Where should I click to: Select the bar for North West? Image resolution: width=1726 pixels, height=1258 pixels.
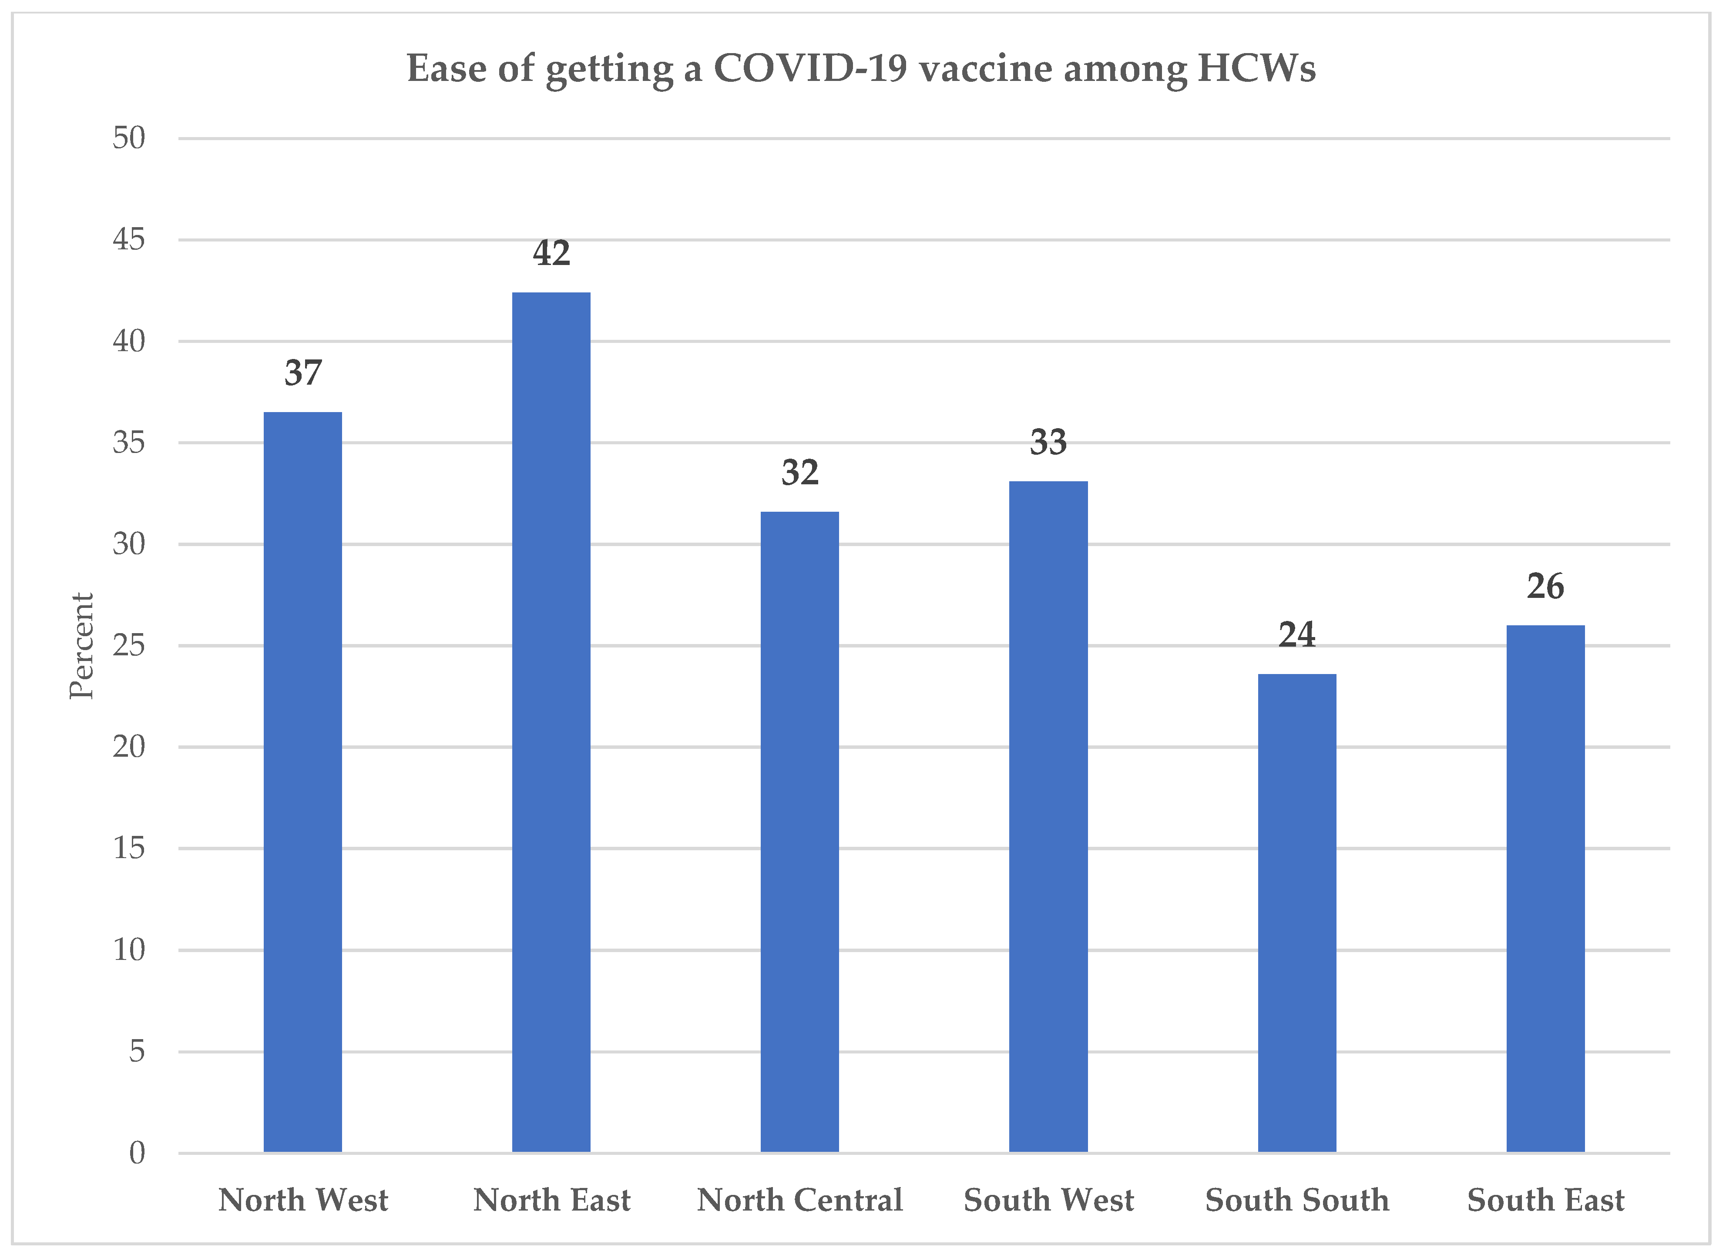click(x=302, y=782)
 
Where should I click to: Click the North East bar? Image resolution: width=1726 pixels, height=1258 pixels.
click(x=551, y=722)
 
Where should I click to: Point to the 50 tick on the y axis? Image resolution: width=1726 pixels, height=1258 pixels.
click(x=129, y=138)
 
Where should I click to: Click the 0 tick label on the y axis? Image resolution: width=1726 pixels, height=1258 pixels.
click(x=136, y=1153)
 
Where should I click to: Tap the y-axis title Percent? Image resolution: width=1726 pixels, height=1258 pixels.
click(x=81, y=646)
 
